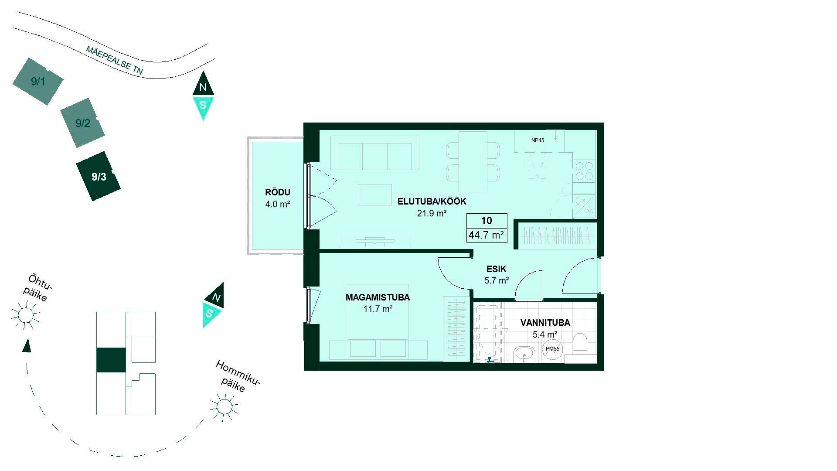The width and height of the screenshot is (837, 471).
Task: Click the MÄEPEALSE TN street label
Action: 114,60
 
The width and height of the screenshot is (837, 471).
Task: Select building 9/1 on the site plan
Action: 38,81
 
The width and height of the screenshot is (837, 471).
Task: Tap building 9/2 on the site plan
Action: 82,123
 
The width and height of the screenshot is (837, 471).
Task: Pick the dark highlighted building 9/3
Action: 98,176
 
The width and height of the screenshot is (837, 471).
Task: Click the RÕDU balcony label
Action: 278,192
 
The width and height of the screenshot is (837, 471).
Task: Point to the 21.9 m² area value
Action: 432,213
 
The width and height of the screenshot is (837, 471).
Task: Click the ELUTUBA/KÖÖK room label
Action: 432,201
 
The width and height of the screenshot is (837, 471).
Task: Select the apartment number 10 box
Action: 487,221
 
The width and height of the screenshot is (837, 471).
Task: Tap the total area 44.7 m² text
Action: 487,235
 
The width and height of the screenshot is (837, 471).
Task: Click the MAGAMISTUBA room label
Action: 378,297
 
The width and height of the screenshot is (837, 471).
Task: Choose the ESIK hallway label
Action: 497,269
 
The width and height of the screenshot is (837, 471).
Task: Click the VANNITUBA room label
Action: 545,323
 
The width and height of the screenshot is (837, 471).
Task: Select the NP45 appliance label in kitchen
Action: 538,140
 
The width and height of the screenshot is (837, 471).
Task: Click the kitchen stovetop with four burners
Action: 584,171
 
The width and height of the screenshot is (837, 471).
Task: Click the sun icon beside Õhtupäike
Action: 25,314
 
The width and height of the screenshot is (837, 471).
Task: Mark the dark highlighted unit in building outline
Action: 111,360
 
